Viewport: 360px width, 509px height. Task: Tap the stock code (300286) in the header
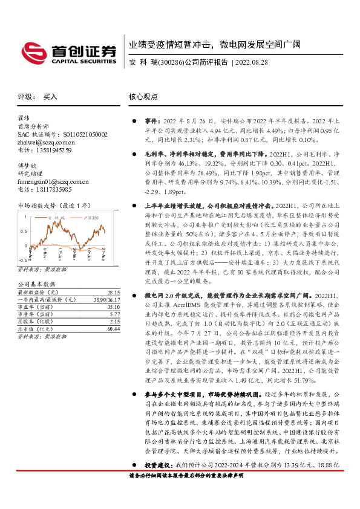(x=168, y=62)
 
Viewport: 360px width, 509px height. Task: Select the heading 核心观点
(x=143, y=96)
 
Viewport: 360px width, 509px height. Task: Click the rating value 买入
(x=50, y=96)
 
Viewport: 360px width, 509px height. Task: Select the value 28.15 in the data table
(x=113, y=291)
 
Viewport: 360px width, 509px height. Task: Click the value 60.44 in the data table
(x=113, y=330)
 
